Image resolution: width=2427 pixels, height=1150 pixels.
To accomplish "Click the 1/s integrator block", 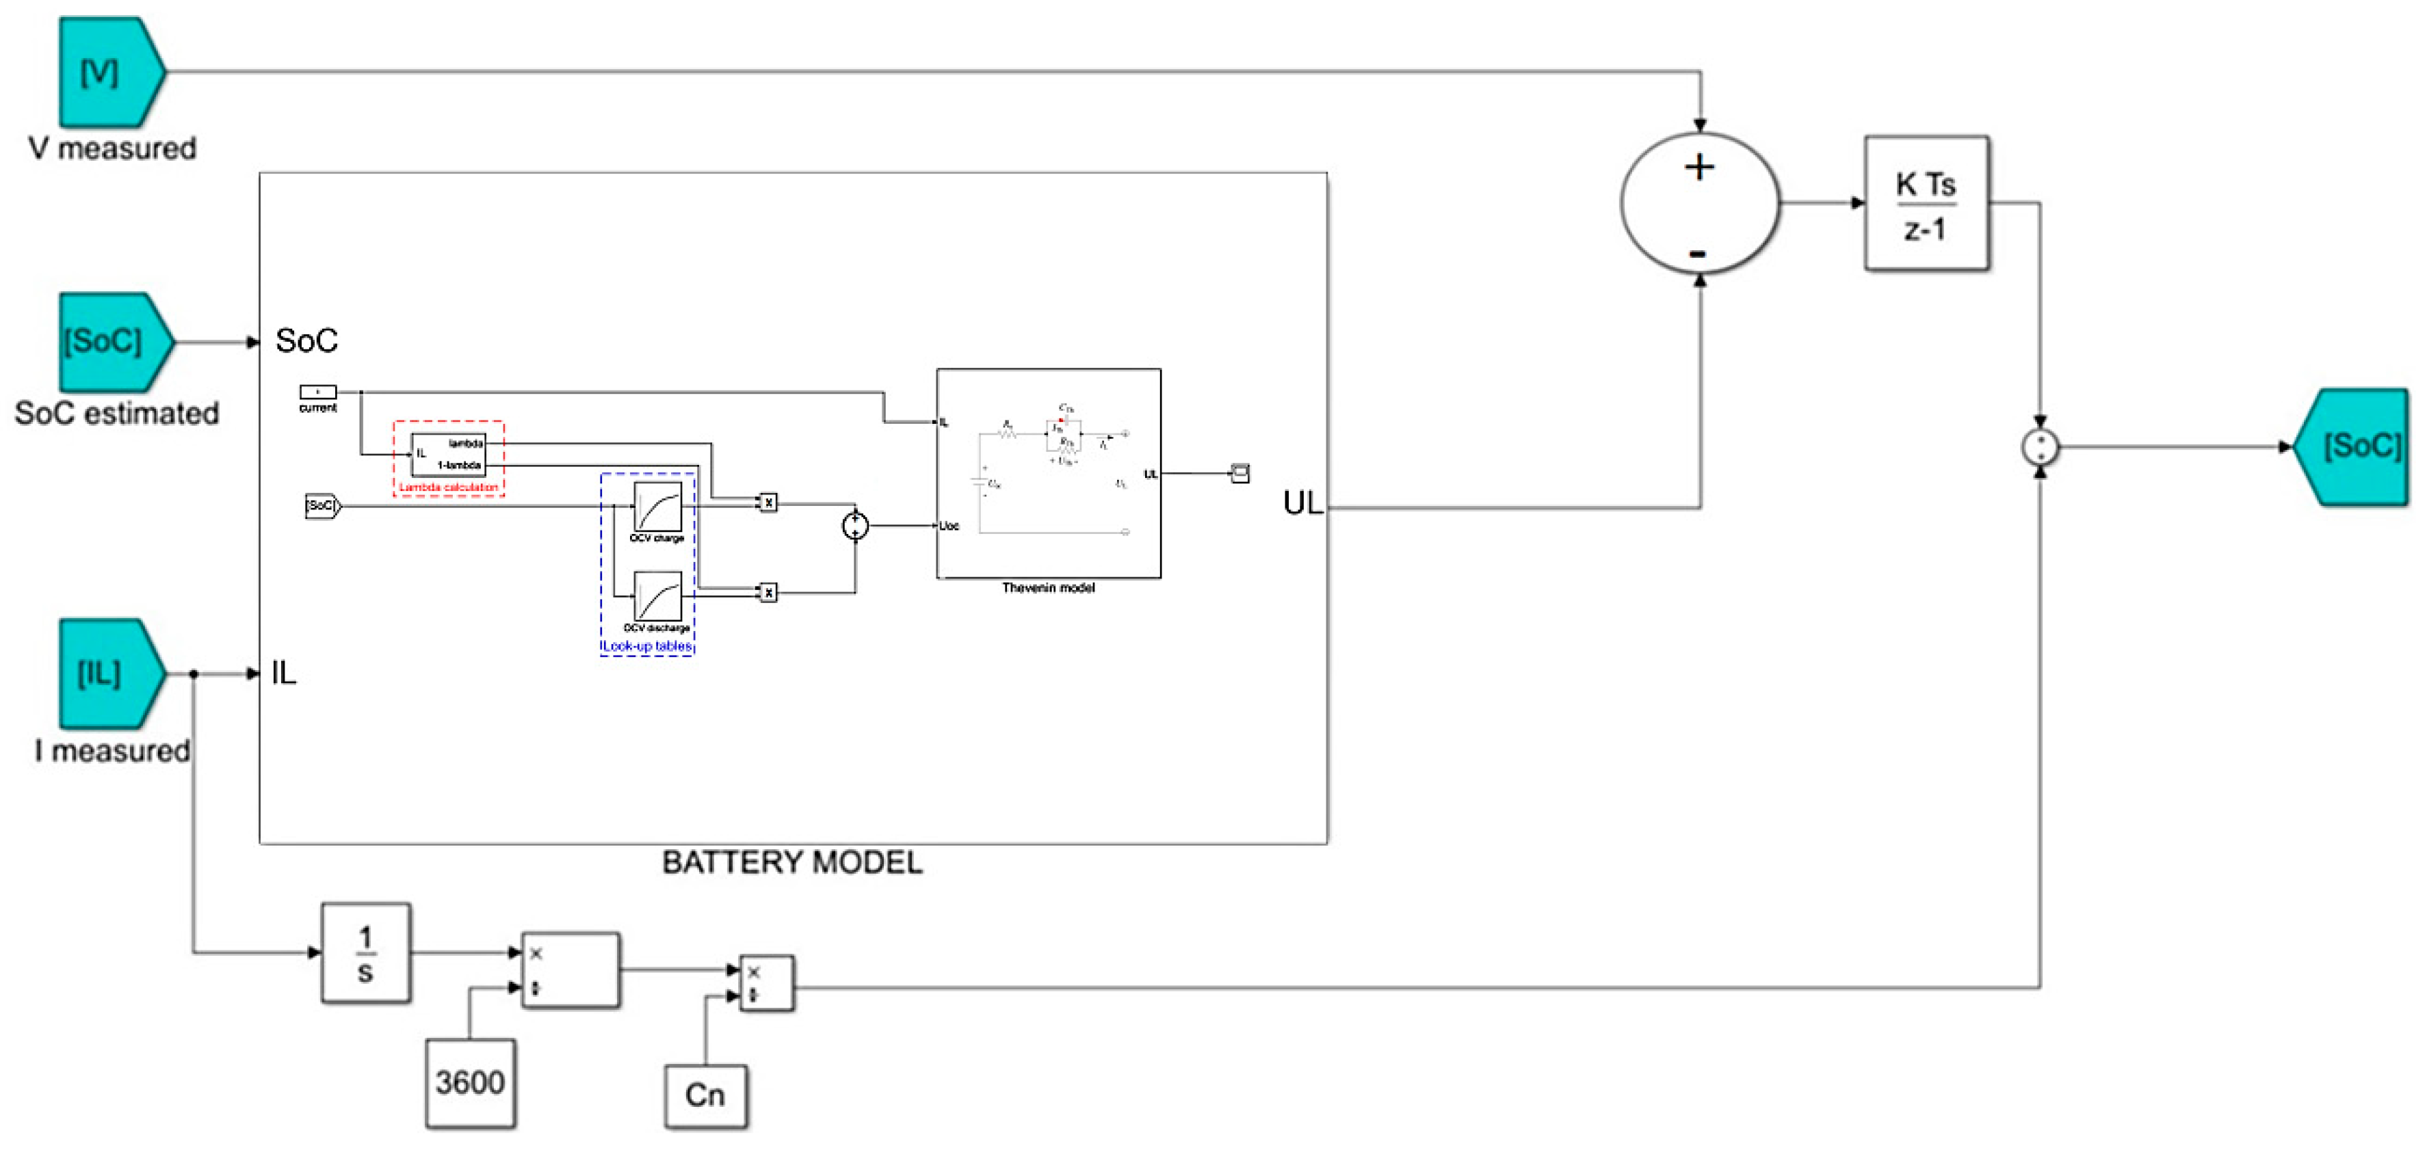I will click(x=365, y=952).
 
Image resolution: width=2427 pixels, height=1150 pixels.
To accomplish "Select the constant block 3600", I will click(x=469, y=1082).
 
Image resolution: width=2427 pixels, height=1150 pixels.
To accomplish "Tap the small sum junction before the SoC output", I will click(x=2040, y=446).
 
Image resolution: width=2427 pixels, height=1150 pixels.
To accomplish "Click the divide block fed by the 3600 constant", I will click(x=570, y=970).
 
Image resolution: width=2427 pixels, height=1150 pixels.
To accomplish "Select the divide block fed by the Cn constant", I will click(x=766, y=983).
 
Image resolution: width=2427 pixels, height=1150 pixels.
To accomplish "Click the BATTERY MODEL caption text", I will click(x=791, y=861).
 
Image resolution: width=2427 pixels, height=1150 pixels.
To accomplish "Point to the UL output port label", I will click(x=1302, y=503).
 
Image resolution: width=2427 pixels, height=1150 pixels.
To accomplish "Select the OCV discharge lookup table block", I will click(x=657, y=596).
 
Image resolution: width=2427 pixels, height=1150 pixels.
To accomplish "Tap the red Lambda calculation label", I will click(x=449, y=487).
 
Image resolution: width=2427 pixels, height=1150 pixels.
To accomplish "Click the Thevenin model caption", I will click(x=1048, y=588).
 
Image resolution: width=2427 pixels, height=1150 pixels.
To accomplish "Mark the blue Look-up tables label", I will click(x=647, y=646).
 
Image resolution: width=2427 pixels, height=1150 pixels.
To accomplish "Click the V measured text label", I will click(x=112, y=149).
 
